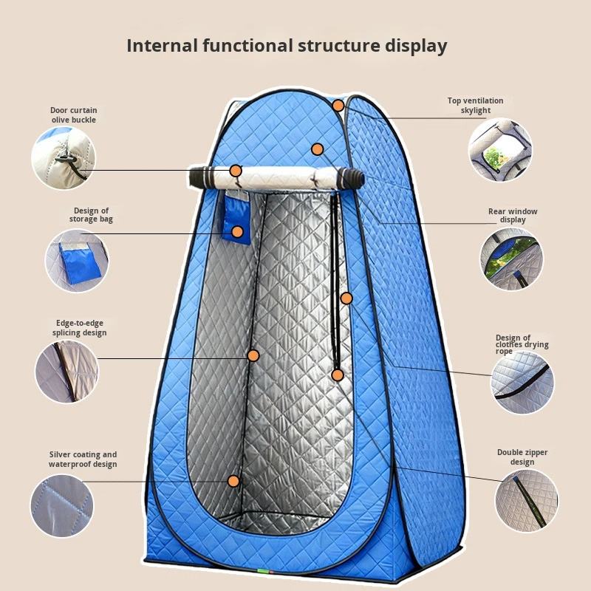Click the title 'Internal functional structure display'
(x=287, y=46)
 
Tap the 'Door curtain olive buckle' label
(x=74, y=115)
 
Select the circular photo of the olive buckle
(x=64, y=157)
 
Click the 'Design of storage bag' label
(x=92, y=215)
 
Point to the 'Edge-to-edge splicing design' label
(x=79, y=327)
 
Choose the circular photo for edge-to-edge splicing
(x=66, y=371)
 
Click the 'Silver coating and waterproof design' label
(x=83, y=460)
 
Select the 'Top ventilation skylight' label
(x=475, y=106)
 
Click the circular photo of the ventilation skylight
(x=500, y=149)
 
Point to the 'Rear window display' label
(x=513, y=215)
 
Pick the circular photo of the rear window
(x=511, y=259)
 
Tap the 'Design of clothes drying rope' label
(x=522, y=345)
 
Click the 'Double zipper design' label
(x=522, y=457)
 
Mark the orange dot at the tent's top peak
(x=338, y=105)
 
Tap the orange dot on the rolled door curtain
(x=236, y=171)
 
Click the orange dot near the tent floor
(x=233, y=481)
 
